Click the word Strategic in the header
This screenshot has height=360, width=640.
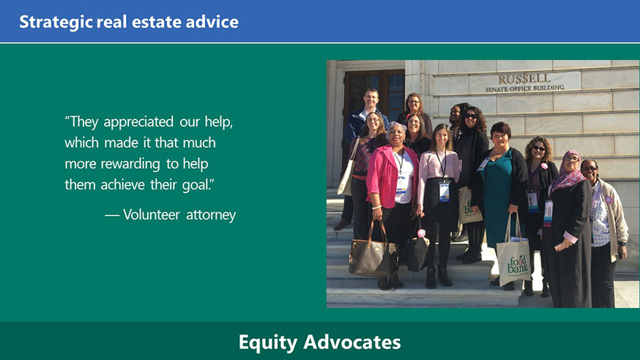pos(56,22)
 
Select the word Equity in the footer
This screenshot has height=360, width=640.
pos(268,342)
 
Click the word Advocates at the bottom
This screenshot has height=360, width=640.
pos(351,342)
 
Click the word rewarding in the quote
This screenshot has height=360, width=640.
pos(130,164)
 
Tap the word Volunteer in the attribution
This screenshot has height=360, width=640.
pos(152,214)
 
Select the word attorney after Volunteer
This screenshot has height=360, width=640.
pos(211,215)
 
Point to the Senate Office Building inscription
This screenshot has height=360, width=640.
pos(524,88)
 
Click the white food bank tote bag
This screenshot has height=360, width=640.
pos(513,261)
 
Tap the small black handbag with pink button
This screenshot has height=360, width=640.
pos(417,249)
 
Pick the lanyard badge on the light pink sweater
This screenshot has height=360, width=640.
pos(444,191)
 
